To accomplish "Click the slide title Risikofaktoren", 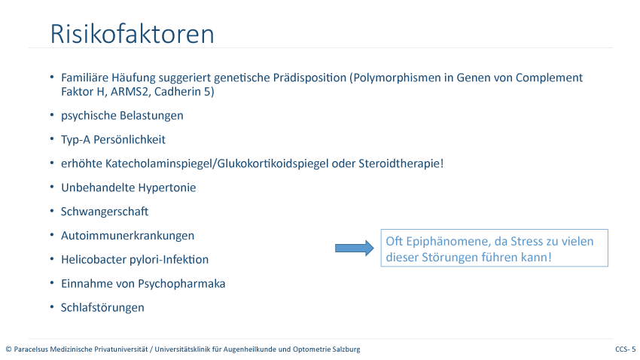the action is coord(132,33).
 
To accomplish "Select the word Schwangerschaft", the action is coord(105,212).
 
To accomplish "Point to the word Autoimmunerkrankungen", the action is coord(128,236).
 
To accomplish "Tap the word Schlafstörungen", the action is coord(102,308).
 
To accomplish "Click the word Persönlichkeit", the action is coord(130,139).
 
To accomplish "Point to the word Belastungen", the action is coord(153,115).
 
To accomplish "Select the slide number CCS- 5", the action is coord(625,349).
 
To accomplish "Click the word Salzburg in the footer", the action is coord(347,349).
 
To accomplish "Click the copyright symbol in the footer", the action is coord(8,349).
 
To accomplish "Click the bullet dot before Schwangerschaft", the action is coord(52,211).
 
